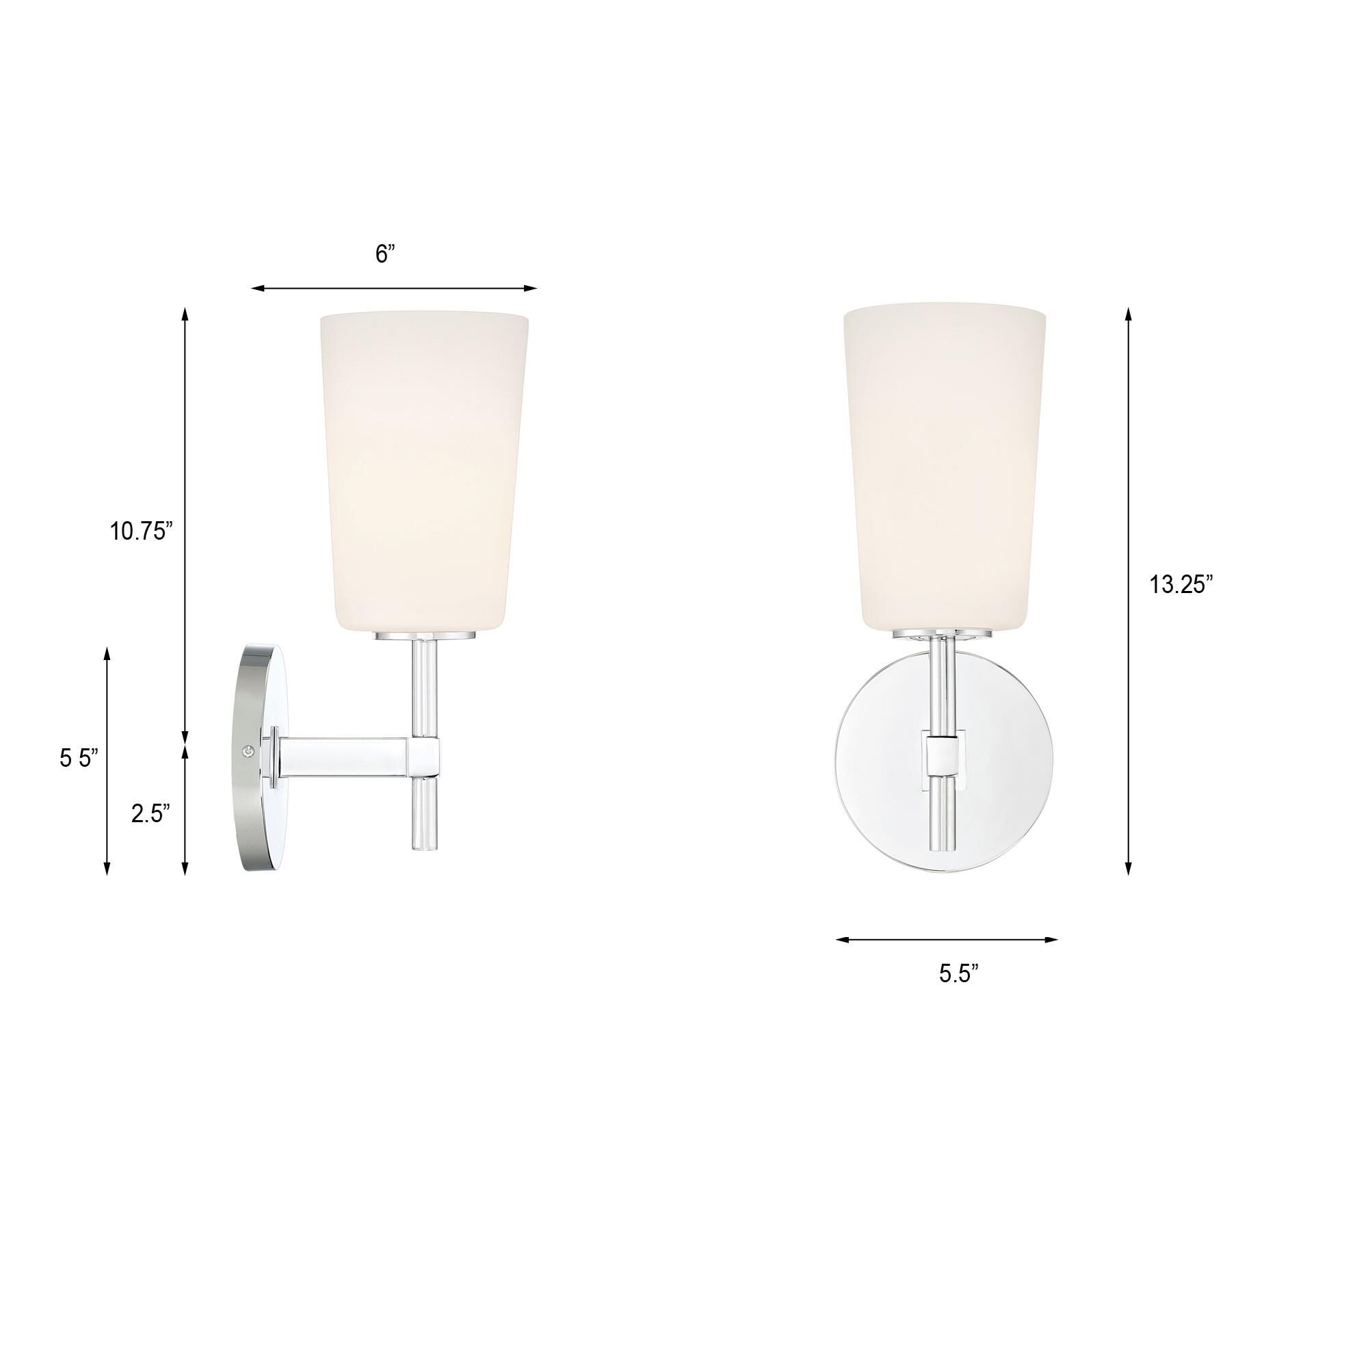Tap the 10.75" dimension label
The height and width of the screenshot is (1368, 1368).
pyautogui.click(x=141, y=531)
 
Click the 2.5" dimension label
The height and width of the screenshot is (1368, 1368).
pyautogui.click(x=150, y=813)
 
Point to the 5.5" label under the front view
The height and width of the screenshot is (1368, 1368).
pyautogui.click(x=959, y=973)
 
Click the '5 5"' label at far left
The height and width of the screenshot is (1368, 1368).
pyautogui.click(x=79, y=759)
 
